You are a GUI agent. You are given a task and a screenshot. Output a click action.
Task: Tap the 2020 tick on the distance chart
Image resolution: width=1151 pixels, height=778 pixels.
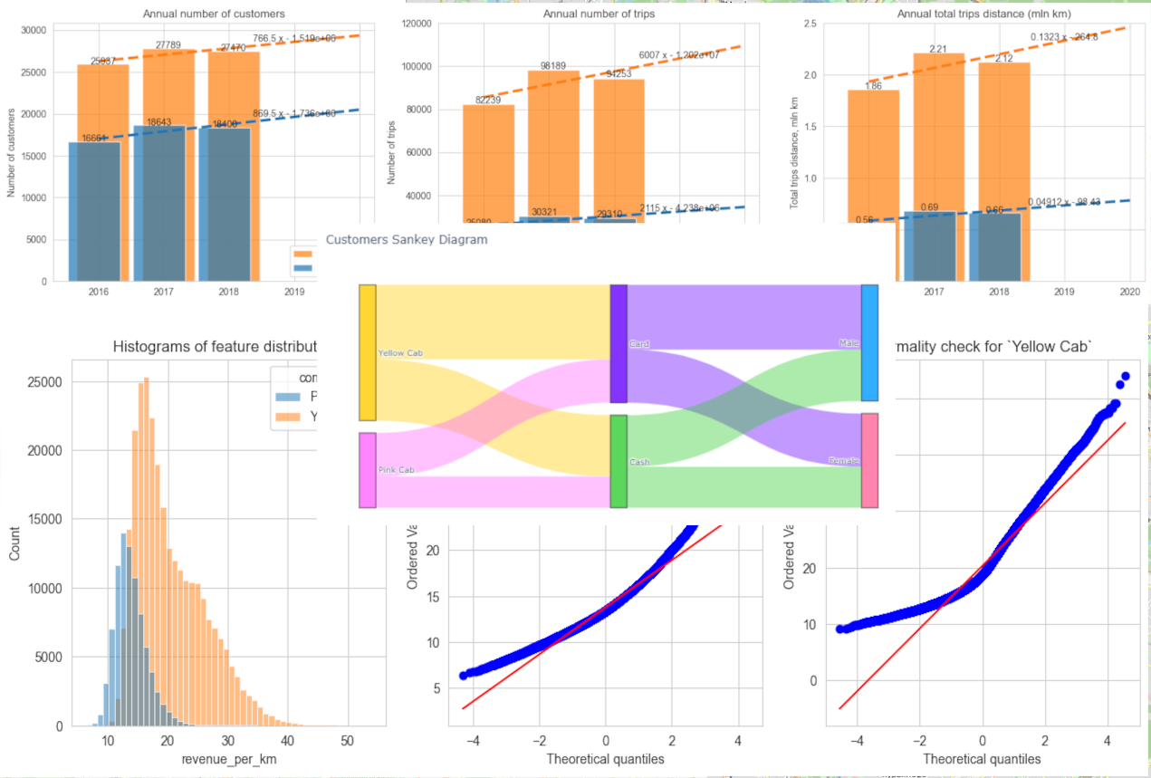tap(1129, 293)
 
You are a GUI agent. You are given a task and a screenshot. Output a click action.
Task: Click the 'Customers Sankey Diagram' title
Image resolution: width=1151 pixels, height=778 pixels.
tap(406, 240)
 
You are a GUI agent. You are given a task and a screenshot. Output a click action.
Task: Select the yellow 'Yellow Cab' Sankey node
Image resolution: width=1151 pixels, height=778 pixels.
tap(367, 352)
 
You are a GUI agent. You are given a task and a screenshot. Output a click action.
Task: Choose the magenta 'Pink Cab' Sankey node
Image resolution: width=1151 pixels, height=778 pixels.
tap(367, 470)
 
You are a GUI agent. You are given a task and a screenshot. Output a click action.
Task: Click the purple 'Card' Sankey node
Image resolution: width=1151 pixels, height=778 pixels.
tap(619, 343)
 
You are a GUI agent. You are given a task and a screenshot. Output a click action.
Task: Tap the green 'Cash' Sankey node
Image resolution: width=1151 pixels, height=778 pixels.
tap(619, 461)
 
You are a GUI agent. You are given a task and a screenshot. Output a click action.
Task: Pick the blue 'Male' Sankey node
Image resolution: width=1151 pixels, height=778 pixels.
tap(869, 342)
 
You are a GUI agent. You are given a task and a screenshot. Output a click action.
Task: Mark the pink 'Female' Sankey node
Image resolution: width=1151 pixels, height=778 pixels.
tap(869, 460)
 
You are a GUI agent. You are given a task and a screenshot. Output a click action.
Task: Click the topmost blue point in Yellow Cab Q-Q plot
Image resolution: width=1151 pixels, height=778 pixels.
tap(1125, 376)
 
